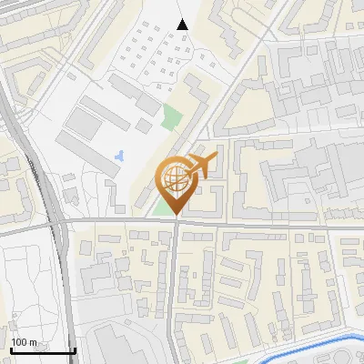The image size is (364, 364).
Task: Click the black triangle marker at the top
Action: (x=182, y=25)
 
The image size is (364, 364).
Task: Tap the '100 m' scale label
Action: (x=25, y=342)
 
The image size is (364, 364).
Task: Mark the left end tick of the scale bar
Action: (x=10, y=349)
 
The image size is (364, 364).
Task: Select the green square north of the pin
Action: (x=171, y=116)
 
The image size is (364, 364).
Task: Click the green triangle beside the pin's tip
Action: (x=164, y=208)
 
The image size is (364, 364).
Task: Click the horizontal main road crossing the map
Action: (x=273, y=224)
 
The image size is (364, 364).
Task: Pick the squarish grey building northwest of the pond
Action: (x=87, y=121)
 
